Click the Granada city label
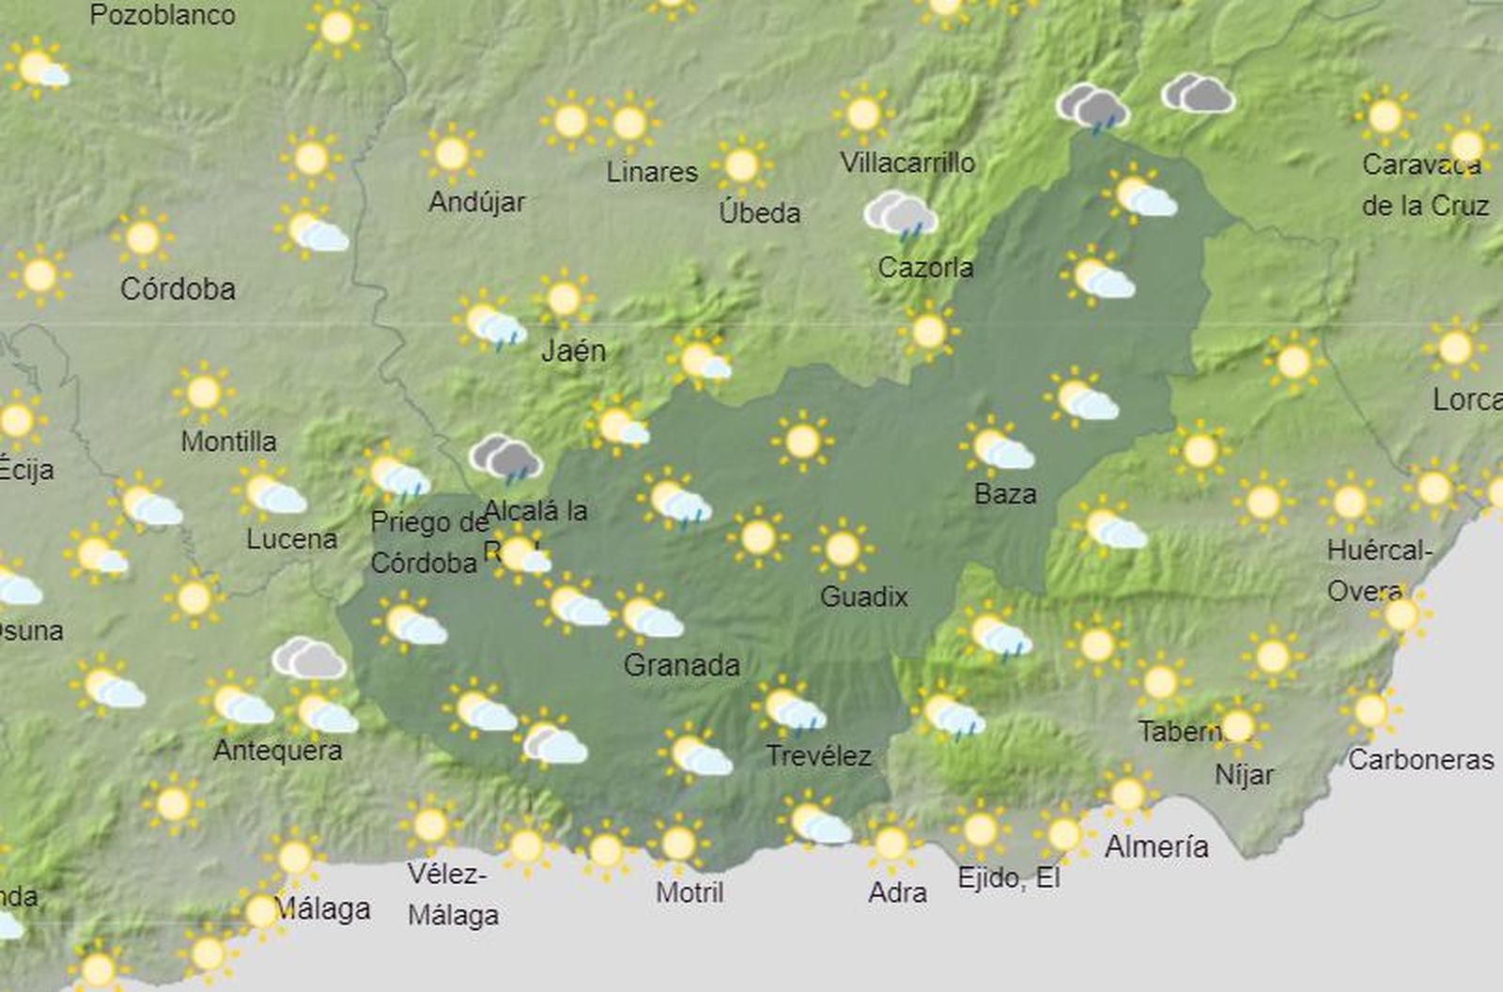(x=681, y=665)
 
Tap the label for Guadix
(x=863, y=597)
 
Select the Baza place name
(x=1005, y=493)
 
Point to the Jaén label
(x=574, y=350)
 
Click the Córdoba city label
(x=178, y=288)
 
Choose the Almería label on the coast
(x=1156, y=846)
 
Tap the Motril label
(x=690, y=891)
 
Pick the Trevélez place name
(x=818, y=755)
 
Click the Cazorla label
(x=925, y=268)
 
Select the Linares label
(x=652, y=172)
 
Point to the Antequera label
(x=278, y=750)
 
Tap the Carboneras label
(x=1420, y=759)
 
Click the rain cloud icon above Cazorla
(x=901, y=215)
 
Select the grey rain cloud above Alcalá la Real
(x=506, y=457)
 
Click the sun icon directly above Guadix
(x=843, y=549)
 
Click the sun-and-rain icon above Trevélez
(x=789, y=708)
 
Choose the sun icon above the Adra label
(x=891, y=843)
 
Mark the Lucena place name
(x=291, y=538)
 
